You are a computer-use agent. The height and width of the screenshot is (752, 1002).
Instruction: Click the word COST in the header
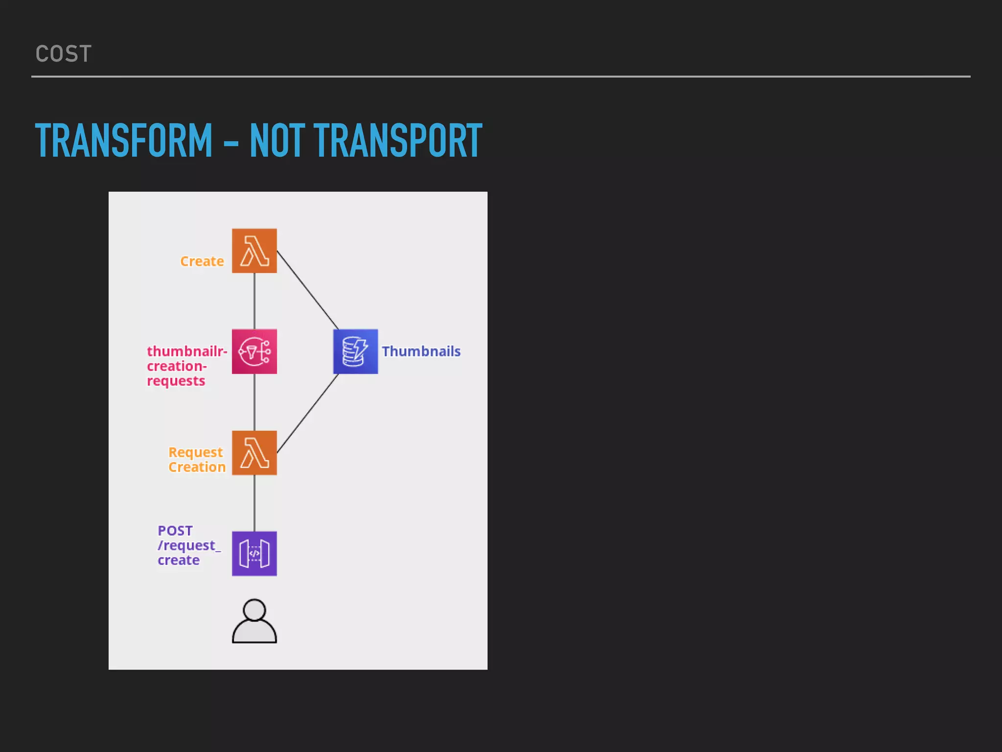(x=64, y=54)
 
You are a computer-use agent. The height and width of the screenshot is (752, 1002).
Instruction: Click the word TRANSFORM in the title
(x=124, y=141)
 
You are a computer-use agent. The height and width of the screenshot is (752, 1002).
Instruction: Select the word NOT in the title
(x=277, y=141)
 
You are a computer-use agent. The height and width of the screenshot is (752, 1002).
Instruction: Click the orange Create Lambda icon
(x=254, y=251)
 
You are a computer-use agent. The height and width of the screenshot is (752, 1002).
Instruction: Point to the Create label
(x=202, y=261)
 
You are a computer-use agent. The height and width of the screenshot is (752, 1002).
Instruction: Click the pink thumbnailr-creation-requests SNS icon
(x=254, y=352)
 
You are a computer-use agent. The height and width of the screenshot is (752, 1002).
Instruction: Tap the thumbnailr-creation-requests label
(x=186, y=366)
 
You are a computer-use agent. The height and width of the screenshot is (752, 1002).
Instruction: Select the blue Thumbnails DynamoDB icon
(x=356, y=352)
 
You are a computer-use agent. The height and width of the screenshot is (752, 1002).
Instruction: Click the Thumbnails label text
(x=421, y=352)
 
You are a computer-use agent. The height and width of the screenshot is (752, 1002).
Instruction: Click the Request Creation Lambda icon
(x=254, y=453)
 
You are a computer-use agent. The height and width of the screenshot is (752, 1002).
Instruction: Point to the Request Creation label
(x=197, y=460)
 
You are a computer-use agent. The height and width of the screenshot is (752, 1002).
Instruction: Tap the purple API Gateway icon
(x=254, y=554)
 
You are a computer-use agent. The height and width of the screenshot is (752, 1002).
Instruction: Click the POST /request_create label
(x=188, y=545)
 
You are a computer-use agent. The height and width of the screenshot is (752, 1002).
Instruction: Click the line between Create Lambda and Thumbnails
(x=307, y=289)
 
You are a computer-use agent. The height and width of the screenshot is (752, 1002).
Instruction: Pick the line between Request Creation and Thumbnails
(x=307, y=414)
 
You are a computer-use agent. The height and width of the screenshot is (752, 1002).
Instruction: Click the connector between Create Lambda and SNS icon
(x=254, y=301)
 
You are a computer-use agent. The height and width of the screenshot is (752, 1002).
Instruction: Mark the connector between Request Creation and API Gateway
(x=254, y=503)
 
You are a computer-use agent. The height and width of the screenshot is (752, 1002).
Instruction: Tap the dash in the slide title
(x=231, y=144)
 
